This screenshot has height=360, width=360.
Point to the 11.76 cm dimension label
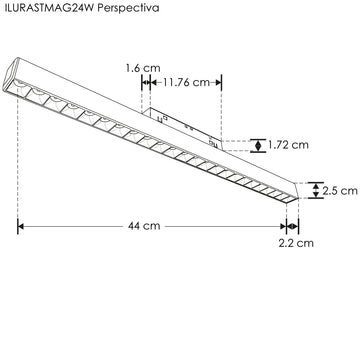pos(190,83)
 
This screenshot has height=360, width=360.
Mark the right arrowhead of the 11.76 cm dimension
pos(217,84)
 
